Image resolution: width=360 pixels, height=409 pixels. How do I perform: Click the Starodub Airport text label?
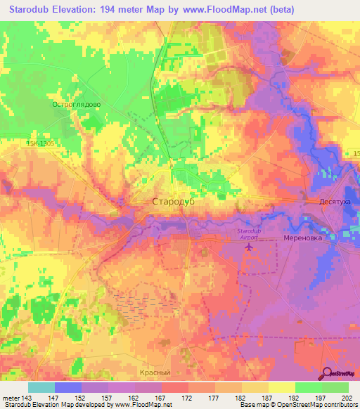click(254, 235)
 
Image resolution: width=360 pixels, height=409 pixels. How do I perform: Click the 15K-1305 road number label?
click(40, 143)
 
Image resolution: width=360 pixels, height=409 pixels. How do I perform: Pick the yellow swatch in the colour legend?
click(281, 387)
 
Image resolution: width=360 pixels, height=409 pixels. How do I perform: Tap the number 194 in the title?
click(112, 9)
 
